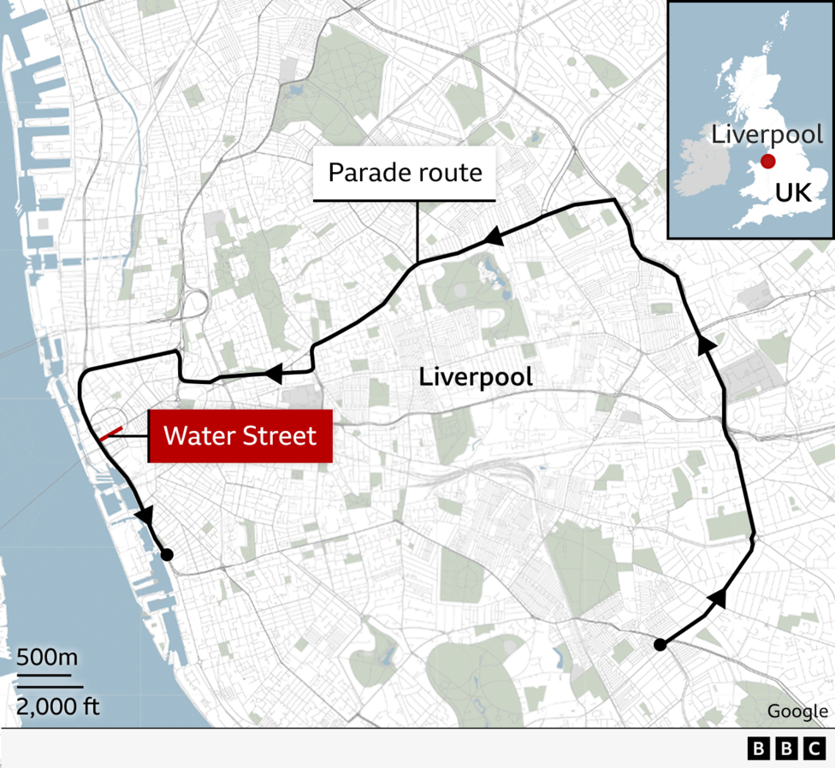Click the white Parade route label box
point(405,174)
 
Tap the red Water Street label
point(240,436)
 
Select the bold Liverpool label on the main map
point(476,376)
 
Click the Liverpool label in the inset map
point(767,134)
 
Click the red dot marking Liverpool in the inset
point(768,162)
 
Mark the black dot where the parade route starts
point(660,645)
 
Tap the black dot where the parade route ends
point(167,555)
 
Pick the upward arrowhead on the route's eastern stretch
point(705,344)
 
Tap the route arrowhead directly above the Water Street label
point(274,374)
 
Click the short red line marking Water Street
point(111,434)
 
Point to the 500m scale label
point(47,659)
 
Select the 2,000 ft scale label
point(57,706)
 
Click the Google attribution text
point(797,711)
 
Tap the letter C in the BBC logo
point(814,749)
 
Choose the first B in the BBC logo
point(758,749)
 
